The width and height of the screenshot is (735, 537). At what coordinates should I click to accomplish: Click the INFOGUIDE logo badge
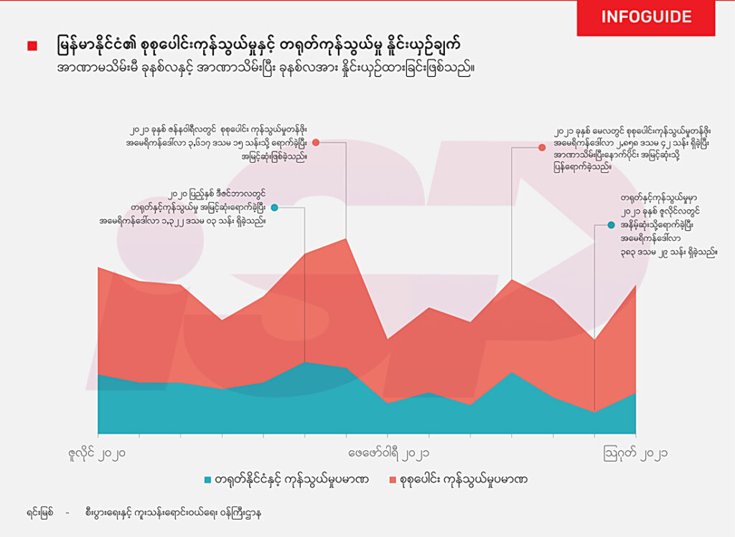pyautogui.click(x=646, y=17)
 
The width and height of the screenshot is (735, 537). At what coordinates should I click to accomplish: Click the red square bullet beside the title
pyautogui.click(x=32, y=46)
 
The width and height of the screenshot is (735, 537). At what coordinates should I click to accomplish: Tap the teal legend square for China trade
pyautogui.click(x=208, y=479)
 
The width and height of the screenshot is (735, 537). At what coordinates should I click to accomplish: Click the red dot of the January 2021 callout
pyautogui.click(x=316, y=143)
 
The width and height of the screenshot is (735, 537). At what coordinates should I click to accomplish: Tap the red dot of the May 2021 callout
pyautogui.click(x=542, y=148)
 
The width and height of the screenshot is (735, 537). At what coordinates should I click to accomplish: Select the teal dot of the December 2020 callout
pyautogui.click(x=274, y=208)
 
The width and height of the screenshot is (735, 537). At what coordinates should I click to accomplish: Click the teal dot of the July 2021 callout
pyautogui.click(x=611, y=225)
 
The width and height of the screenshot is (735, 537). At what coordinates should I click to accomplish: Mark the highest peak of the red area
pyautogui.click(x=346, y=239)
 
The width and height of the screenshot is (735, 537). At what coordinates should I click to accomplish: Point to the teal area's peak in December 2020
pyautogui.click(x=306, y=362)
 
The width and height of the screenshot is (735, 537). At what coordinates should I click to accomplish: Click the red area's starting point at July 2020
pyautogui.click(x=98, y=267)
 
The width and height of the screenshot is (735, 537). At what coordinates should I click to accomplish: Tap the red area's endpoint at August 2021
pyautogui.click(x=635, y=285)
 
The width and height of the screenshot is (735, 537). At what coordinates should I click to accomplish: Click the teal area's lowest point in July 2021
pyautogui.click(x=594, y=412)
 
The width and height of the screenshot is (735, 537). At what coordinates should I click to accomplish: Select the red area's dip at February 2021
pyautogui.click(x=388, y=339)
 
